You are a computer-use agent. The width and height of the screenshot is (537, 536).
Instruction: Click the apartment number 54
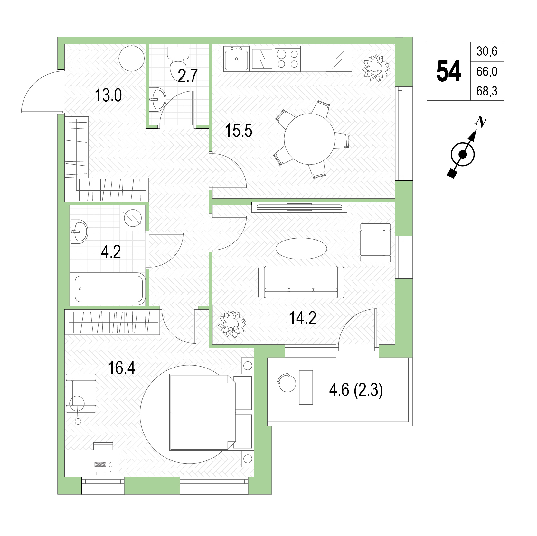pyautogui.click(x=448, y=71)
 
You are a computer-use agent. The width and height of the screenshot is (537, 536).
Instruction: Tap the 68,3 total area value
pyautogui.click(x=487, y=91)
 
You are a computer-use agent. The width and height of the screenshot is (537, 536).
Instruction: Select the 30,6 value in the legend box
pyautogui.click(x=487, y=51)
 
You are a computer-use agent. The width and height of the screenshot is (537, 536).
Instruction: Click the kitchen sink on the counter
pyautogui.click(x=237, y=58)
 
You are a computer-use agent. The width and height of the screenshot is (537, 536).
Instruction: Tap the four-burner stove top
pyautogui.click(x=287, y=59)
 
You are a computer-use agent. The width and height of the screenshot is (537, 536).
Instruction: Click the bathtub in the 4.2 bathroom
pyautogui.click(x=108, y=288)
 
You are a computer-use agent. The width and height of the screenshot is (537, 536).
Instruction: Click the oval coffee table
pyautogui.click(x=301, y=248)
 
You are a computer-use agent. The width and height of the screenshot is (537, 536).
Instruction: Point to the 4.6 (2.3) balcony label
pyautogui.click(x=356, y=392)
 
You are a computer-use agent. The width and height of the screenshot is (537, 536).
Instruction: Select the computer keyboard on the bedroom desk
pyautogui.click(x=100, y=464)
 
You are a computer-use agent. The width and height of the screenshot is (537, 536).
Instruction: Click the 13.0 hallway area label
pyautogui.click(x=108, y=95)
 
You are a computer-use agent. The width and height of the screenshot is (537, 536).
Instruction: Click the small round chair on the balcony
pyautogui.click(x=286, y=382)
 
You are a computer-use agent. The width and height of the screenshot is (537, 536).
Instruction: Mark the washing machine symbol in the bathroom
pyautogui.click(x=133, y=218)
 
